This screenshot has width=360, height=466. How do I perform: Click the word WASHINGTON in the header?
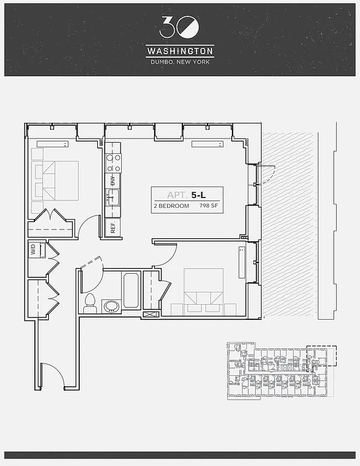(x=180, y=52)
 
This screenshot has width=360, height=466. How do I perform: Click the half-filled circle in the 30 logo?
(x=190, y=27)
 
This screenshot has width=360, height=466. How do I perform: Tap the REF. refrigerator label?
(x=114, y=226)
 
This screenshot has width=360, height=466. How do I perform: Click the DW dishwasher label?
(x=113, y=181)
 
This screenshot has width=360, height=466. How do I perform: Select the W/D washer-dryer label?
(x=33, y=250)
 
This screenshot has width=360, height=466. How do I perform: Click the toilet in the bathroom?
(x=90, y=302)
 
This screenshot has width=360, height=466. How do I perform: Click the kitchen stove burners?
(x=113, y=158)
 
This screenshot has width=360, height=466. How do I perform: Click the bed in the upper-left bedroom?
(x=55, y=179)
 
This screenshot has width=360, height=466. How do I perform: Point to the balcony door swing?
(x=266, y=173)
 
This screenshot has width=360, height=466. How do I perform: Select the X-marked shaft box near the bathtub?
(x=150, y=313)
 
